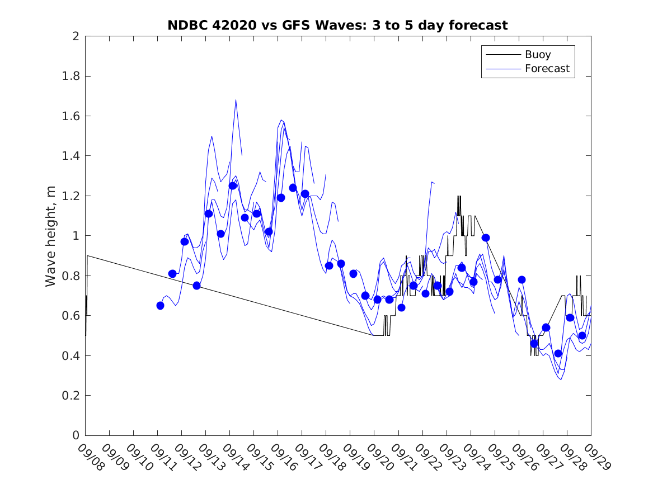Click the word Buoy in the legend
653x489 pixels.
click(x=538, y=55)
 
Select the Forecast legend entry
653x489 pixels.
click(x=547, y=69)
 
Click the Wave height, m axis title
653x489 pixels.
click(x=51, y=236)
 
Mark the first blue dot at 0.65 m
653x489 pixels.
click(x=160, y=306)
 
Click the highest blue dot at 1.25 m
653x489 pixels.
click(x=233, y=186)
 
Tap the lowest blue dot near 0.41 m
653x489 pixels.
click(x=558, y=353)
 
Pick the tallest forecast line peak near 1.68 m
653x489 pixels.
click(x=236, y=100)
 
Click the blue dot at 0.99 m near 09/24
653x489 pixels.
click(x=486, y=238)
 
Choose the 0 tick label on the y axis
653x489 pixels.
click(x=75, y=435)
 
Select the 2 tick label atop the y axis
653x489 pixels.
click(x=75, y=36)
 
